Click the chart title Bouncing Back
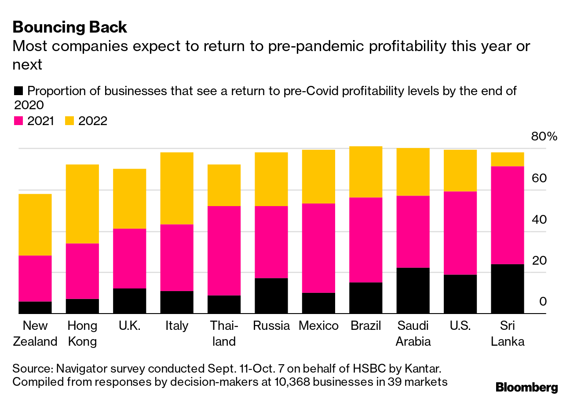[x=70, y=27]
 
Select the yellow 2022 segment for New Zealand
[x=35, y=225]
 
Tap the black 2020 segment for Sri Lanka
[x=508, y=289]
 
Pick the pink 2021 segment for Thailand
[x=224, y=251]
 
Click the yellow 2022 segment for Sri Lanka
[x=508, y=159]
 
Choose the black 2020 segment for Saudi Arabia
[x=413, y=291]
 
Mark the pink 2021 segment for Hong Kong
[x=82, y=271]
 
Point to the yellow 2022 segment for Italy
[x=177, y=188]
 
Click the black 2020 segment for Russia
[x=271, y=296]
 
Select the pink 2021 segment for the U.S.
[x=460, y=233]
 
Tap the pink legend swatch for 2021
[x=18, y=121]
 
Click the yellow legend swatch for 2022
[x=69, y=121]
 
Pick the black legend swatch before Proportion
[x=18, y=91]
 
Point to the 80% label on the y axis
[x=544, y=137]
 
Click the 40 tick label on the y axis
[x=539, y=219]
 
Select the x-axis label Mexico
[x=318, y=326]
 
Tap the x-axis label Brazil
[x=365, y=326]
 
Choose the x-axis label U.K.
[x=129, y=326]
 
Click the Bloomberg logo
[x=526, y=387]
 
